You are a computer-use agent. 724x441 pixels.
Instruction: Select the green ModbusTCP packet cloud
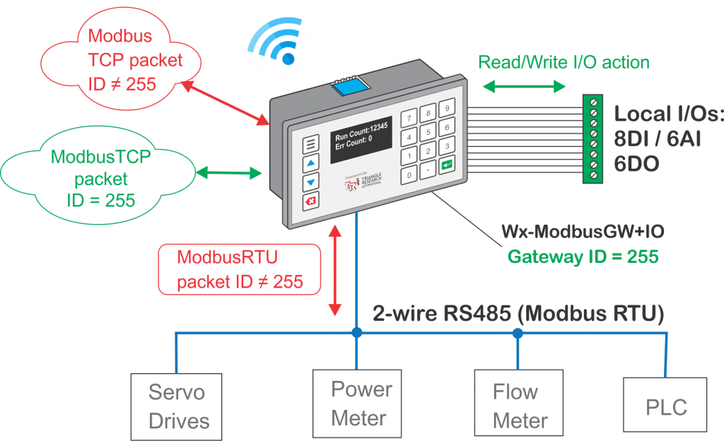[101, 177]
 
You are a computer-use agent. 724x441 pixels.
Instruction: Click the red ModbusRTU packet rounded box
[239, 269]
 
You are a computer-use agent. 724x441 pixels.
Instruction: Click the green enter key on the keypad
[447, 165]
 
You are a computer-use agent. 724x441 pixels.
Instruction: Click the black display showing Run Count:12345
[361, 139]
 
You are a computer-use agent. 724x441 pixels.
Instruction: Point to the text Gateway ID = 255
[583, 256]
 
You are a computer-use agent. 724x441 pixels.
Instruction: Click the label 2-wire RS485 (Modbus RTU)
[518, 312]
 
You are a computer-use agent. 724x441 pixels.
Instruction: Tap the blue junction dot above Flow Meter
[518, 332]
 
